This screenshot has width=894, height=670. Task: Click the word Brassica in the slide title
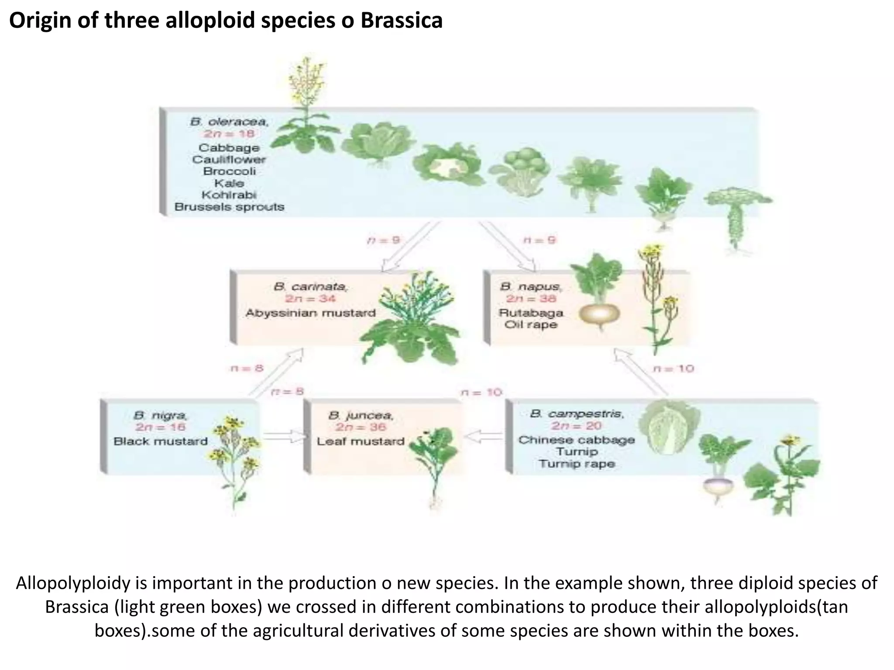(402, 20)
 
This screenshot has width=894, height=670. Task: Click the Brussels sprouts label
(230, 207)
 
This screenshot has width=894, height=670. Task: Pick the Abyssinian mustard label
(310, 313)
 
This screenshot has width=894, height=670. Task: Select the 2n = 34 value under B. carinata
(310, 299)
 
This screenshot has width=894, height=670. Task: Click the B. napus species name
(531, 287)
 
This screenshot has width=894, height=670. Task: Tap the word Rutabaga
(531, 313)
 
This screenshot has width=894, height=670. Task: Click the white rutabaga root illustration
(600, 314)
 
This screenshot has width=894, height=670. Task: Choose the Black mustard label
(161, 441)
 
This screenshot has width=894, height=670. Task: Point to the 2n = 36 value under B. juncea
(361, 427)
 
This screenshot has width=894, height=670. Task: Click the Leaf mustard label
(361, 441)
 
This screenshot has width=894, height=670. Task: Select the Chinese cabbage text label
(577, 440)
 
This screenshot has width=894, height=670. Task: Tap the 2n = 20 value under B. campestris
(577, 426)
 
